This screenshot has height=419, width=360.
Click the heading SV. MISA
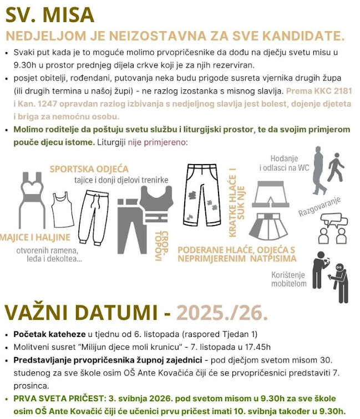[x=50, y=14]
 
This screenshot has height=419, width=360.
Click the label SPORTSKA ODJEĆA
[x=89, y=168]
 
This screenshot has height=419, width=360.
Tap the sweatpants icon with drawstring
[x=93, y=217]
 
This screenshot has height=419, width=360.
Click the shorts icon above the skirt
[x=269, y=194]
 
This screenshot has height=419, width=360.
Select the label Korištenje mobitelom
[x=288, y=279]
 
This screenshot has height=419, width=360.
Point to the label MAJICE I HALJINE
[x=36, y=238]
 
